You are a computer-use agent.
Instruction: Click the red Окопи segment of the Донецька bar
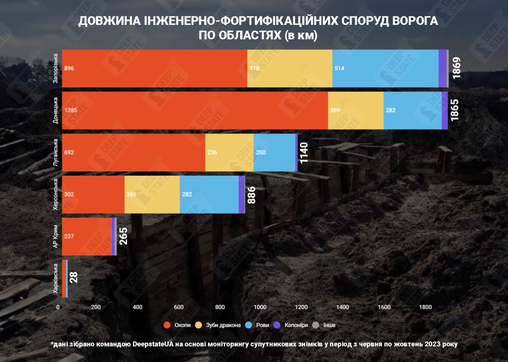195,110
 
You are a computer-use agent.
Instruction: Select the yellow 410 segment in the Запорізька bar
290,68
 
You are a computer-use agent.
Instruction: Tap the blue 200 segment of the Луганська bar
274,152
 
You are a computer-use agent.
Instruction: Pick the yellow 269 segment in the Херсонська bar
152,194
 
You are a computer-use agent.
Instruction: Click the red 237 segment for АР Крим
87,237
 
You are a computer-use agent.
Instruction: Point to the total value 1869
456,68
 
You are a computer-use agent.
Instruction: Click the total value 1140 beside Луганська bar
304,152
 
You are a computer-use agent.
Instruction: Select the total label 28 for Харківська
74,277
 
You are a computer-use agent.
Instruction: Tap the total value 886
251,194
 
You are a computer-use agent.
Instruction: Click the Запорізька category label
56,68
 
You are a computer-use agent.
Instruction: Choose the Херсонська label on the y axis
56,194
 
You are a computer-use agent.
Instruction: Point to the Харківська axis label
56,279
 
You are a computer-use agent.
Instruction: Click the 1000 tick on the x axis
260,307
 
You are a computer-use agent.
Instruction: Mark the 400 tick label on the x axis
137,307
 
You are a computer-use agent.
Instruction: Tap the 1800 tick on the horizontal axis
425,307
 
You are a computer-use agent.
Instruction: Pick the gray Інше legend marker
316,325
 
